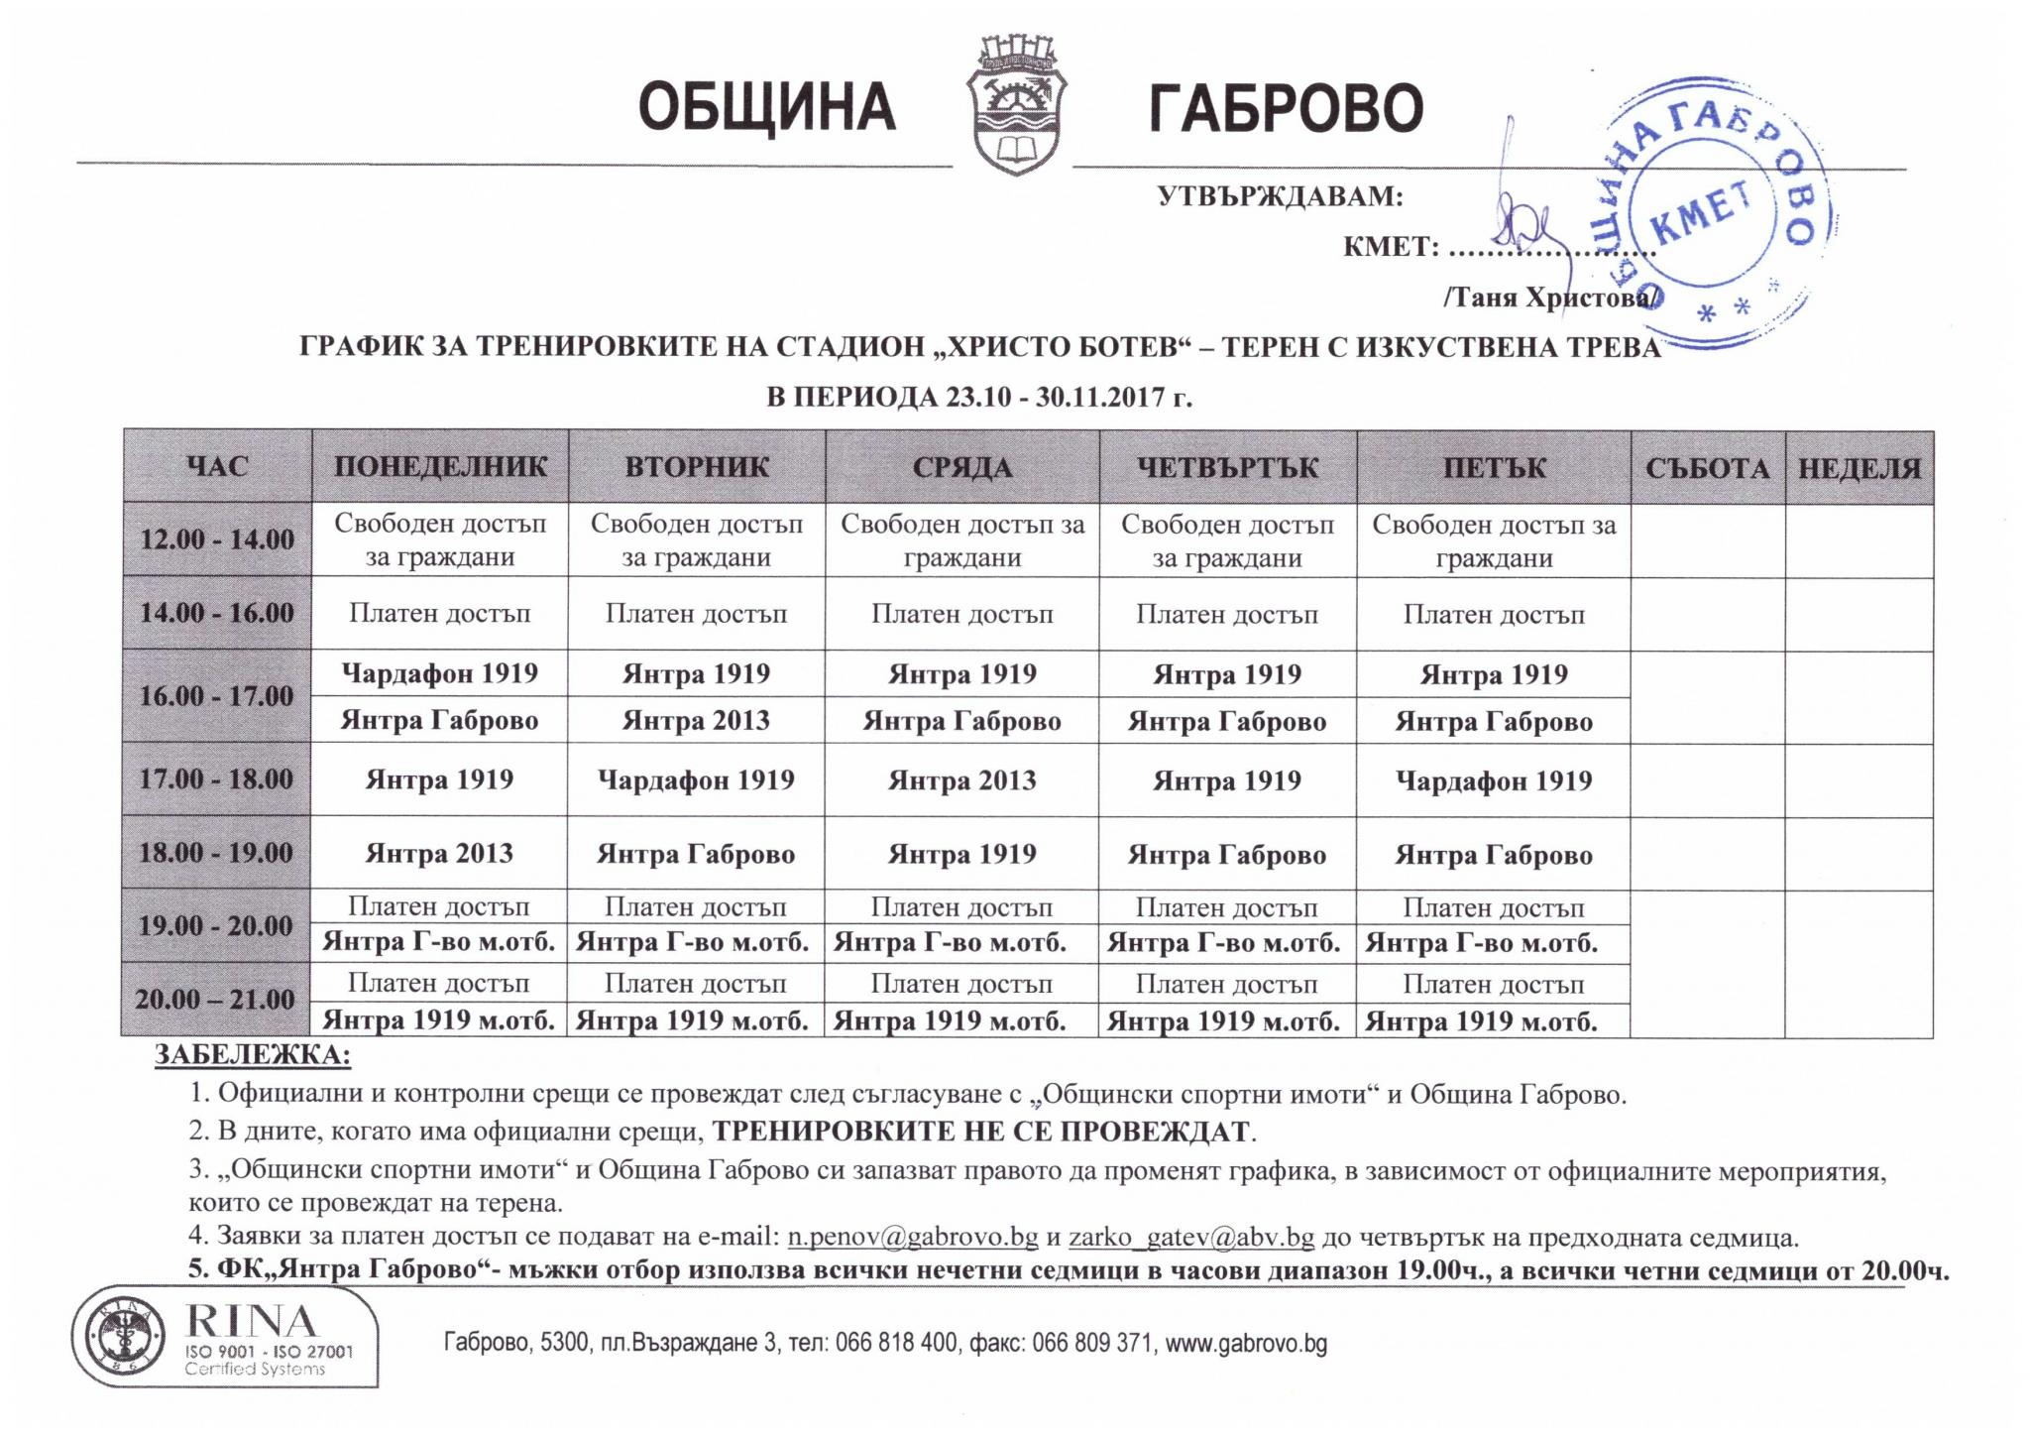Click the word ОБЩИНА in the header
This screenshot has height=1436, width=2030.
[x=767, y=108]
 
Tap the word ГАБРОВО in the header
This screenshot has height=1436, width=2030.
[x=1286, y=108]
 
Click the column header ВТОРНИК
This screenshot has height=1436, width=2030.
[x=696, y=467]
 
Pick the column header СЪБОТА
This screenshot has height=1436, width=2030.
[x=1707, y=468]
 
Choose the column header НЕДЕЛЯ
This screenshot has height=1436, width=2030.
[x=1859, y=468]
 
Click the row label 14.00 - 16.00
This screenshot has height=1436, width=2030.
[x=217, y=613]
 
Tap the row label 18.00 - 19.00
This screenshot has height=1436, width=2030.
[x=217, y=853]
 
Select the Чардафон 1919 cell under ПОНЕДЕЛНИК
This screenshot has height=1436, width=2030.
[x=439, y=674]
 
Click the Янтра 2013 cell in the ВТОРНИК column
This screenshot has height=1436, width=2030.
[x=696, y=720]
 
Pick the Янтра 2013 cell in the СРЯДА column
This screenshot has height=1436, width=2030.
[x=961, y=780]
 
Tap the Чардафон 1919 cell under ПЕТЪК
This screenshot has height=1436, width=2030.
[x=1493, y=780]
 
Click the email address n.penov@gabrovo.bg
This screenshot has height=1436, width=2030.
[x=913, y=1237]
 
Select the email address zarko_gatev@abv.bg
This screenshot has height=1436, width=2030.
[x=1191, y=1237]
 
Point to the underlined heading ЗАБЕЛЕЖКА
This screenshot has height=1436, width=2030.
[x=252, y=1055]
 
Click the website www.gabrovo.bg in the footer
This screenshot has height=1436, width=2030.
[x=1246, y=1344]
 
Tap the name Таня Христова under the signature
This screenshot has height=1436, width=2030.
[x=1547, y=297]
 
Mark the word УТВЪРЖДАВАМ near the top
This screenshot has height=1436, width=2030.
[x=1280, y=195]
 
